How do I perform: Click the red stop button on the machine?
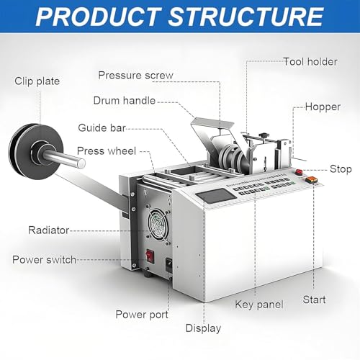pos(299,172)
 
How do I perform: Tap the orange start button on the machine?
pos(311,179)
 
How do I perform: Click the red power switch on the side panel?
pos(150,256)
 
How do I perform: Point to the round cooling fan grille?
pos(158,224)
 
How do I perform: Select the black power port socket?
pos(169,265)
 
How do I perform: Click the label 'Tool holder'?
pos(310,62)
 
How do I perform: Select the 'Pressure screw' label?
pos(135,76)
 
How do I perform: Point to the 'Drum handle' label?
pos(125,100)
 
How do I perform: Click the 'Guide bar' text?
pos(102,127)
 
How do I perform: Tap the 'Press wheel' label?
pos(107,151)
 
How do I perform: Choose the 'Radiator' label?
pos(49,230)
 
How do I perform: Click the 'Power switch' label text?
pos(44,260)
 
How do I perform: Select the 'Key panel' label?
pos(259,305)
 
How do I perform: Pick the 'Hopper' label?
pos(323,107)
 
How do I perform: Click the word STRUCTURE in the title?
pos(246,17)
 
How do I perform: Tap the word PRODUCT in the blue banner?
pos(99,17)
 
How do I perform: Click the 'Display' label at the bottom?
pos(203,328)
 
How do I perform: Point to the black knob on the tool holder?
pos(264,135)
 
